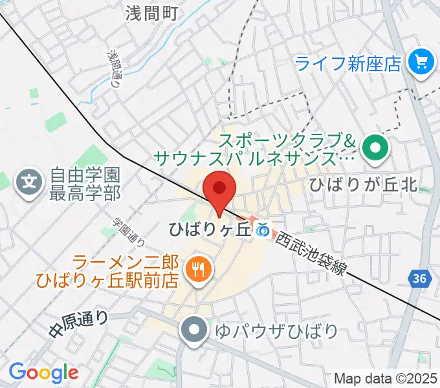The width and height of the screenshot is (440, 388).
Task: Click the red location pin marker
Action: click(219, 189)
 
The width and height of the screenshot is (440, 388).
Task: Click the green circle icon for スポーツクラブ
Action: click(375, 149)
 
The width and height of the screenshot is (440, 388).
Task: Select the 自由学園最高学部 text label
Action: click(86, 184)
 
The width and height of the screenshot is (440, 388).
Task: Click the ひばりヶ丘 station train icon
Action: click(262, 230)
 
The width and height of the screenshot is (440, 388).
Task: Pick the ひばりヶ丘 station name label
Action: click(210, 230)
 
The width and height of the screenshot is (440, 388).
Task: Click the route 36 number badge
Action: click(419, 279)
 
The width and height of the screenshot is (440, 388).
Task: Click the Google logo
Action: click(43, 372)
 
